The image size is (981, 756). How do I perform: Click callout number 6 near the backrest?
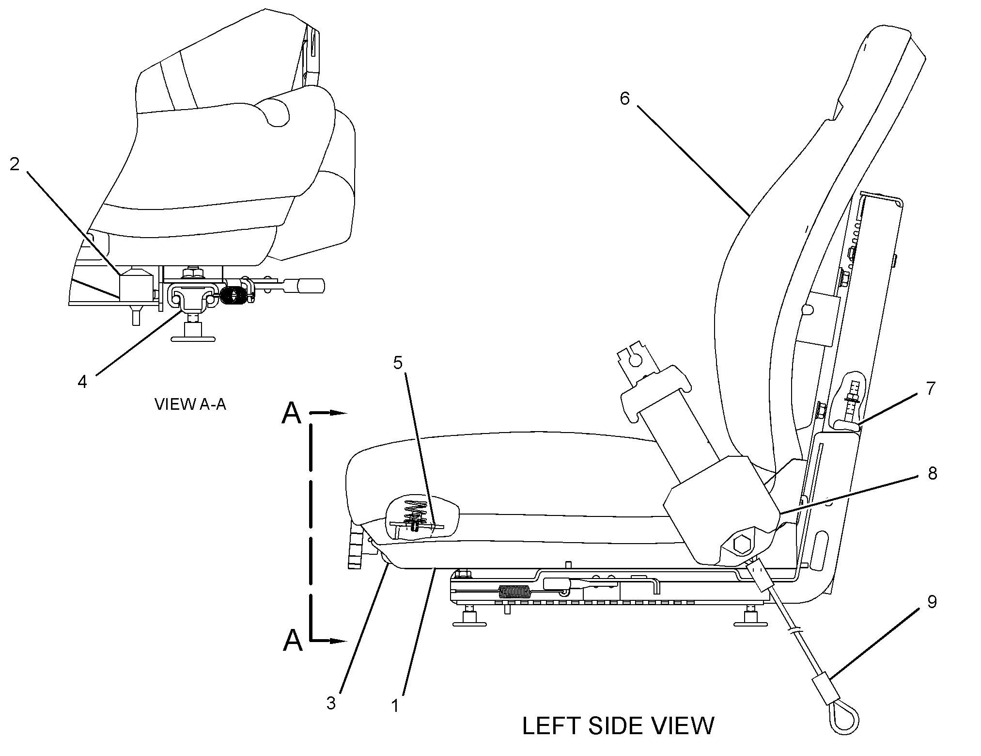point(624,99)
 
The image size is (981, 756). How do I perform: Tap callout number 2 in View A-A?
point(15,164)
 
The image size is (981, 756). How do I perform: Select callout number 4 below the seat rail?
point(82,382)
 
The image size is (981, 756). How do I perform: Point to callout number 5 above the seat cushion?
point(398,363)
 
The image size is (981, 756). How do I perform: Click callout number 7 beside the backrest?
point(930,388)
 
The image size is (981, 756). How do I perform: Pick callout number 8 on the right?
point(932,473)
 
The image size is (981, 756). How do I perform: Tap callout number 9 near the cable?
point(932,602)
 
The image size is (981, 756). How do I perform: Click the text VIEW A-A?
point(190,404)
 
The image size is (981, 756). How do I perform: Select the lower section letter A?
point(293,640)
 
